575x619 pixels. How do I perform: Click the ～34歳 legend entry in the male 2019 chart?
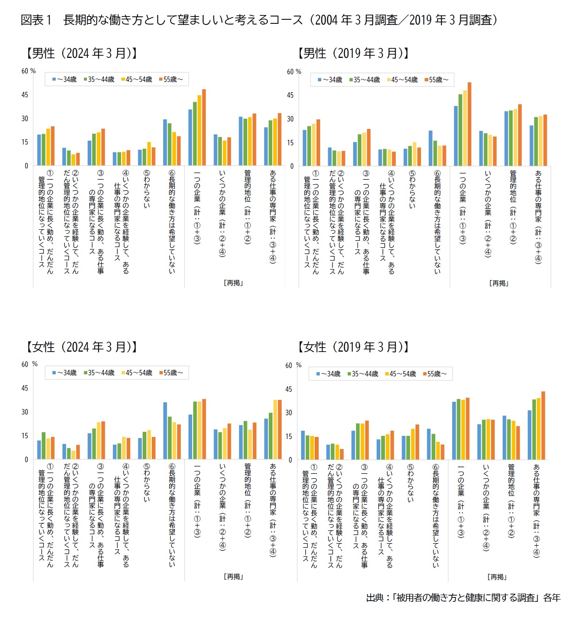coord(330,80)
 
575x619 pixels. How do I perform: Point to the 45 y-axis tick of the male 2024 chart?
coord(25,95)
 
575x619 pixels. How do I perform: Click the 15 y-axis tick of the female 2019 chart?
coord(289,436)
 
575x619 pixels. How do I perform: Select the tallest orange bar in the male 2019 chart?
coord(469,124)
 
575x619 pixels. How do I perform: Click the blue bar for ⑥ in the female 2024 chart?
coord(165,431)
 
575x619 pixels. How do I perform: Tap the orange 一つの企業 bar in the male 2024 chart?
coord(204,127)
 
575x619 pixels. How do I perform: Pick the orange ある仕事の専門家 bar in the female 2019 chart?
coord(543,426)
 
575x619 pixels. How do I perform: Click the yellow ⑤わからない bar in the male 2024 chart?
coord(149,154)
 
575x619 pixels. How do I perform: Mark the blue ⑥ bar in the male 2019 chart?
coord(431,148)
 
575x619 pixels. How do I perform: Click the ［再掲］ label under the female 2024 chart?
coord(234,577)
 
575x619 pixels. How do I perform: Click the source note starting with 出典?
coord(463,598)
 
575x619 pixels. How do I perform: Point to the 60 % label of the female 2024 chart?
coord(29,364)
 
